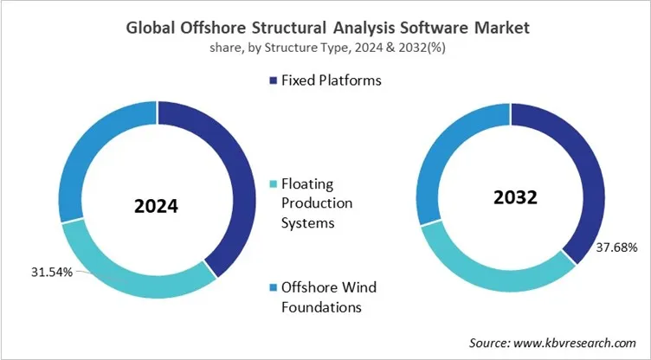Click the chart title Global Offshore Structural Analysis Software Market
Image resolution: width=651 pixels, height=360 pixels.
pos(325,27)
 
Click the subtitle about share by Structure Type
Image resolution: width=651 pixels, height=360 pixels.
pos(325,47)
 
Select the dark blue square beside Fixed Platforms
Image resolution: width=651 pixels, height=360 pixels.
pos(274,80)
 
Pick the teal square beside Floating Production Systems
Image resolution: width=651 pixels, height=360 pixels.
pos(274,185)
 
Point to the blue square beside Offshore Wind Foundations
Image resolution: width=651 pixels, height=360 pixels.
pos(274,287)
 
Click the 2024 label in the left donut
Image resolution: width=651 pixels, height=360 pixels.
pos(156,207)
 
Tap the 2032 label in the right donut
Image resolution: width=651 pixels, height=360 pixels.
pos(516,196)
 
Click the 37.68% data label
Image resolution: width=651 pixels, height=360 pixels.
pos(616,248)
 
